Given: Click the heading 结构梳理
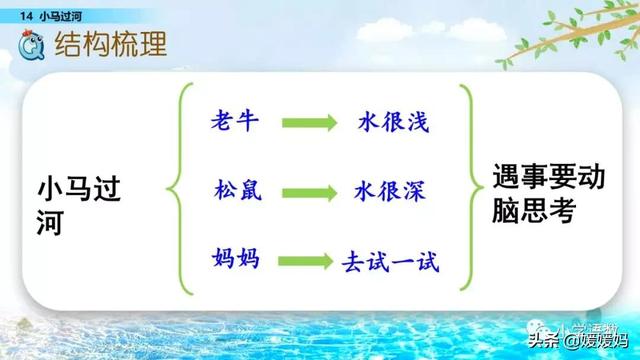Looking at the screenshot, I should pyautogui.click(x=109, y=45).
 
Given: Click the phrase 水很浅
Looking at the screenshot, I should pyautogui.click(x=392, y=122).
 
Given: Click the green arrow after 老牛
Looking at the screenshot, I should pyautogui.click(x=310, y=124).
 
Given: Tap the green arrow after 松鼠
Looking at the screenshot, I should pyautogui.click(x=310, y=191).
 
